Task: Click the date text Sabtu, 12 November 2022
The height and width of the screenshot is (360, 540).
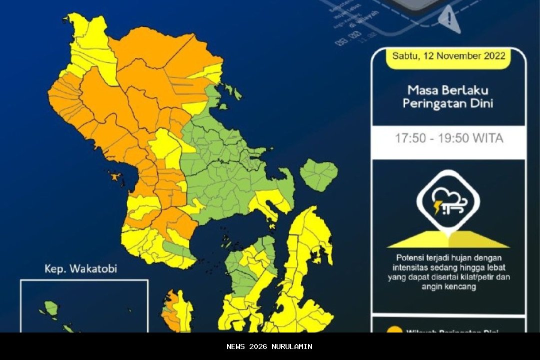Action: pos(448,55)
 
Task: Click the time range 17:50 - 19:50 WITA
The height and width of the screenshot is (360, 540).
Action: pos(448,138)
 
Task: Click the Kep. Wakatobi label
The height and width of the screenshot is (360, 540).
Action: pos(80,269)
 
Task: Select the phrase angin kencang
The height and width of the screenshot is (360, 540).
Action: pos(448,286)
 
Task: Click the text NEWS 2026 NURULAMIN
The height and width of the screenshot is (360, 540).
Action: pos(269,346)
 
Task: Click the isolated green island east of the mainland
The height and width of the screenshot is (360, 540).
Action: pos(319,174)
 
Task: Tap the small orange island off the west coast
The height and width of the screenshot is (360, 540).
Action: pos(115,176)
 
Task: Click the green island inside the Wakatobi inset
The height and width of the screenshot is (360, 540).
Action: pos(51,308)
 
